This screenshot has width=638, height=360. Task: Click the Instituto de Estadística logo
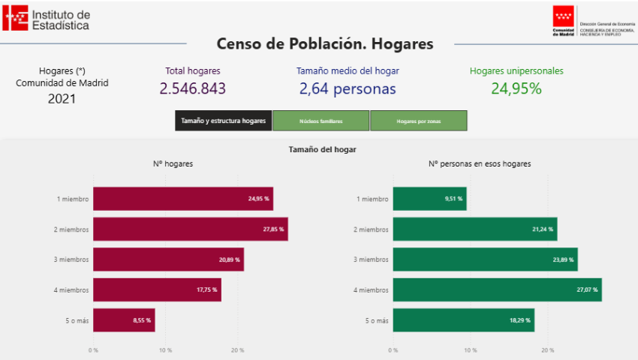point(47,19)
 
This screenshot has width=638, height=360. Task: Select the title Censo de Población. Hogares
point(325,44)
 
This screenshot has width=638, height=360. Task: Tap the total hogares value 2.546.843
point(192,88)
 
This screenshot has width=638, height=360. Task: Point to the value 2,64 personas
point(347,88)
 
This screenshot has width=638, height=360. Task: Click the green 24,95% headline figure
point(516,88)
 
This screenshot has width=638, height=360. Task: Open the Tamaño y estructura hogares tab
point(223,121)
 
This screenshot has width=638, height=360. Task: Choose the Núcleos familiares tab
point(321,121)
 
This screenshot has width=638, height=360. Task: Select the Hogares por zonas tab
point(418,121)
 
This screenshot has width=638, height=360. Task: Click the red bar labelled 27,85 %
point(190,229)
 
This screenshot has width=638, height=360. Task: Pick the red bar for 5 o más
point(124,320)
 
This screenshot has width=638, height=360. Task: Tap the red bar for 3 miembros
point(168,259)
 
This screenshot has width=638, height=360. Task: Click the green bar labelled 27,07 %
point(497,289)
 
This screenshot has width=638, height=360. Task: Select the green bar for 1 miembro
point(429,199)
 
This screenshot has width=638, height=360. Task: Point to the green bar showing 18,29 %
point(463,320)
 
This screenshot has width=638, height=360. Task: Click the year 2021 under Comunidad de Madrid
point(62,98)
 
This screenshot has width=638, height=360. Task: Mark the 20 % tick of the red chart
point(238,350)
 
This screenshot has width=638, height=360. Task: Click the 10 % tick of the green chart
point(471,350)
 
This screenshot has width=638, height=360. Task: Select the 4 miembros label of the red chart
point(72,289)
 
